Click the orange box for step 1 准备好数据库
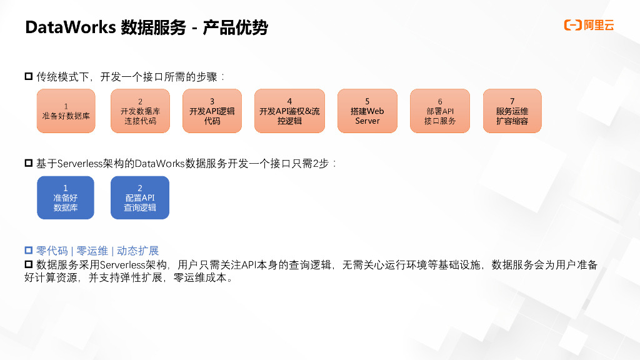(x=66, y=111)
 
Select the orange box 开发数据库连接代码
(x=140, y=111)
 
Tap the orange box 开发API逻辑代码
(x=212, y=111)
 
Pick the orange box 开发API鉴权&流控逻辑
(x=289, y=111)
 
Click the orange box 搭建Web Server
(x=367, y=111)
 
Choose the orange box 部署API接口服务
(x=439, y=111)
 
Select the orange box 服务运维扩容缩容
(x=512, y=111)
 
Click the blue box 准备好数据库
(x=66, y=197)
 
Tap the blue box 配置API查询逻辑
(x=140, y=197)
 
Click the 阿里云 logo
(x=589, y=25)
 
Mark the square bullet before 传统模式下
(x=28, y=77)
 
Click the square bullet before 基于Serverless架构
(x=28, y=164)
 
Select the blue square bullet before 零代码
(x=28, y=251)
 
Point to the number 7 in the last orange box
(x=512, y=101)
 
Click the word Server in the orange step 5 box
(x=367, y=121)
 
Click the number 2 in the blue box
(x=140, y=187)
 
